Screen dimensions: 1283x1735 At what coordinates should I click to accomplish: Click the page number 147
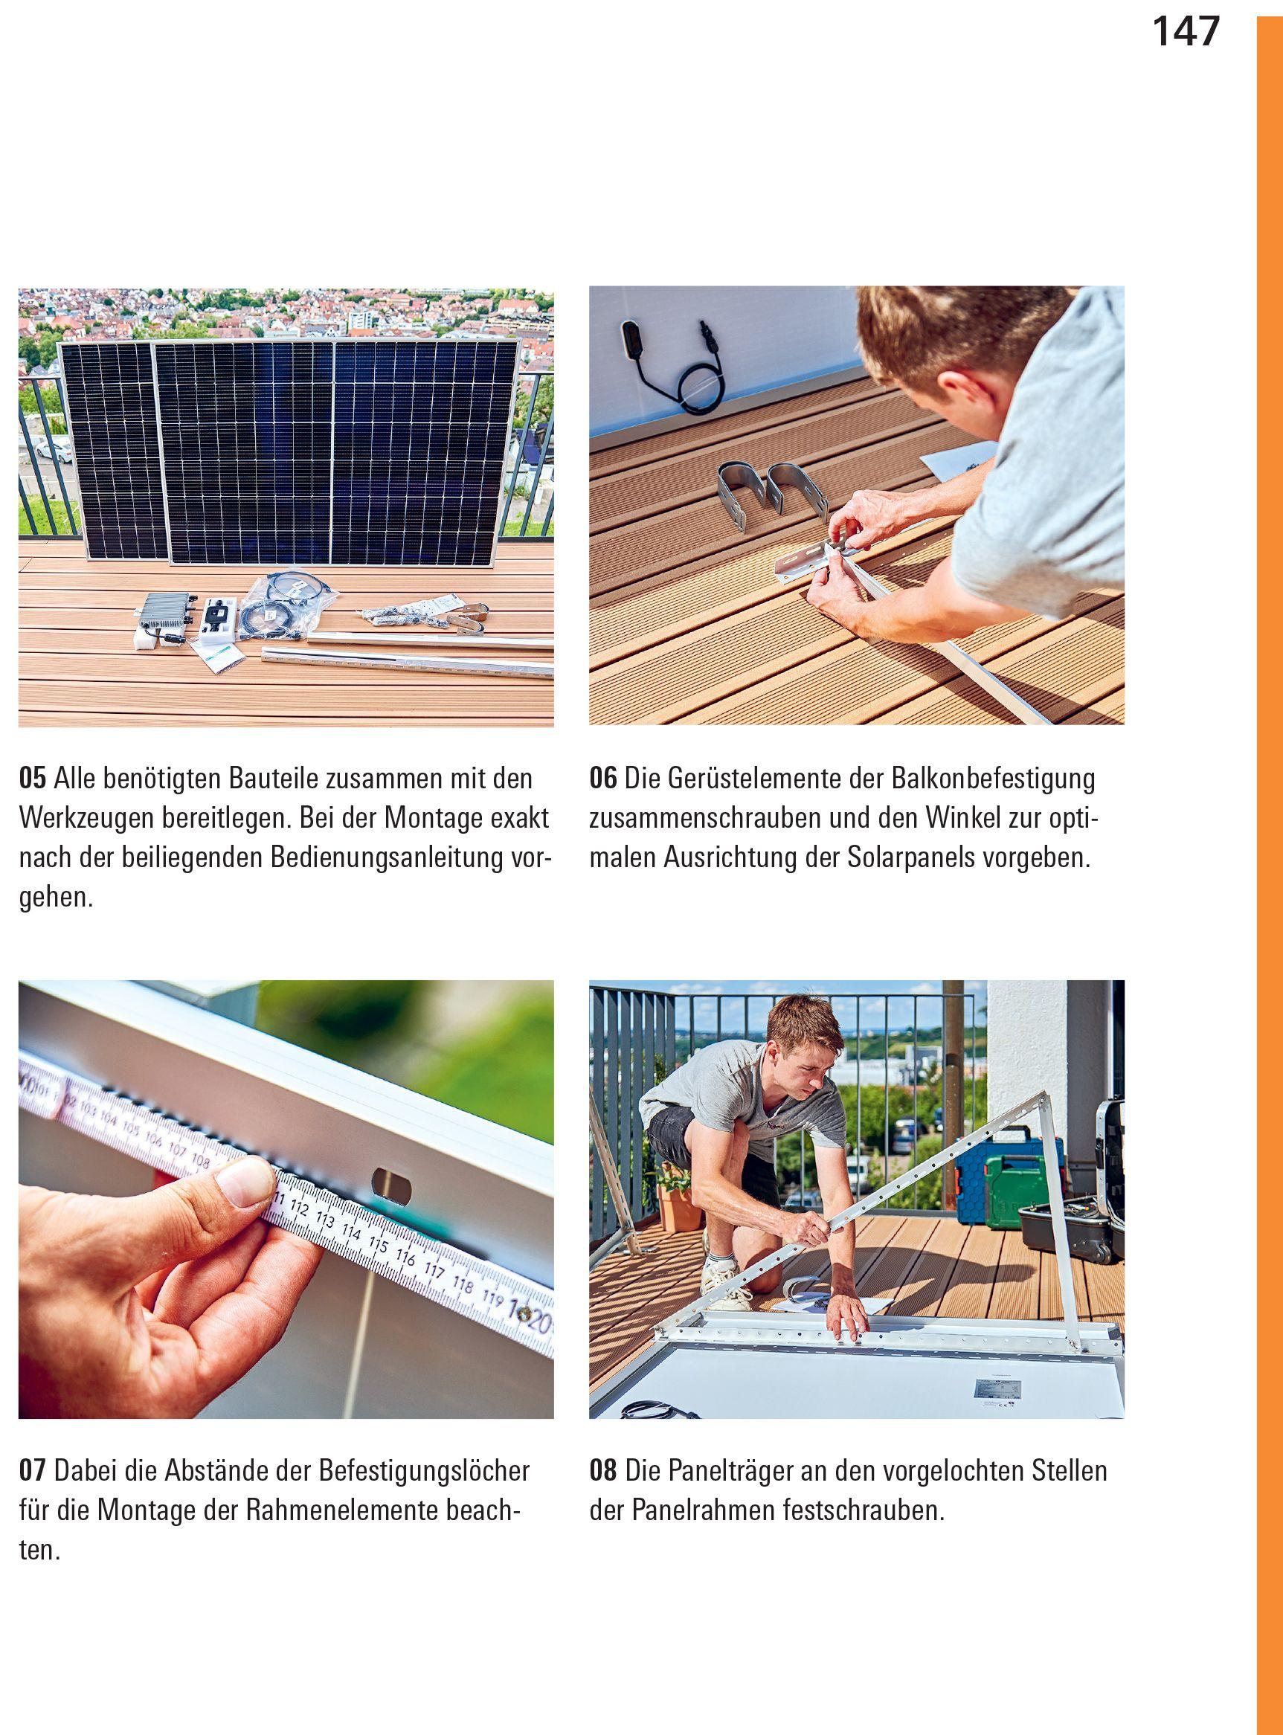pyautogui.click(x=1186, y=32)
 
